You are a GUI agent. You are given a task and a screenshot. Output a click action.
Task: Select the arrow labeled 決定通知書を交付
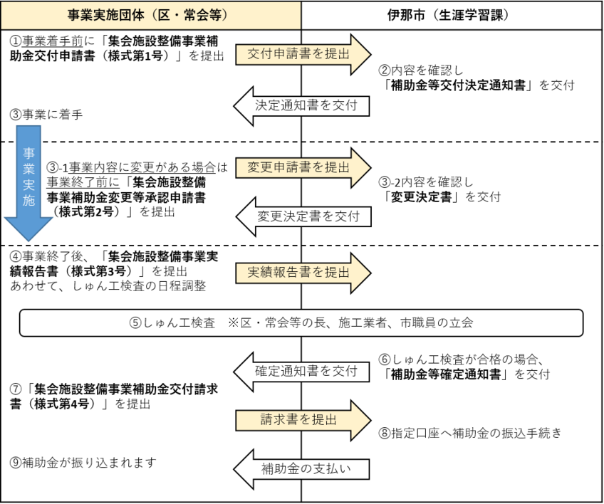[x=303, y=105]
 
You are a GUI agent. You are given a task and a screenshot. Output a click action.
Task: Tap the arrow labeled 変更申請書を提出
[x=303, y=167]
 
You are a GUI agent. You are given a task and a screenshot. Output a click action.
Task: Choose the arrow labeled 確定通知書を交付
[x=303, y=369]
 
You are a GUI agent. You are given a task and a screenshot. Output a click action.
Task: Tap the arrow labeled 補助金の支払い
[x=303, y=468]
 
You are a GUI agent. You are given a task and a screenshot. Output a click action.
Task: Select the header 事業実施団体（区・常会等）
[x=151, y=14]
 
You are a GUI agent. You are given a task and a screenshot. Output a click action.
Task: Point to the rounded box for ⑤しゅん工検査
[x=301, y=322]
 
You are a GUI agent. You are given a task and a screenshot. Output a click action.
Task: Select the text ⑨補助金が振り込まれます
[x=83, y=463]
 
